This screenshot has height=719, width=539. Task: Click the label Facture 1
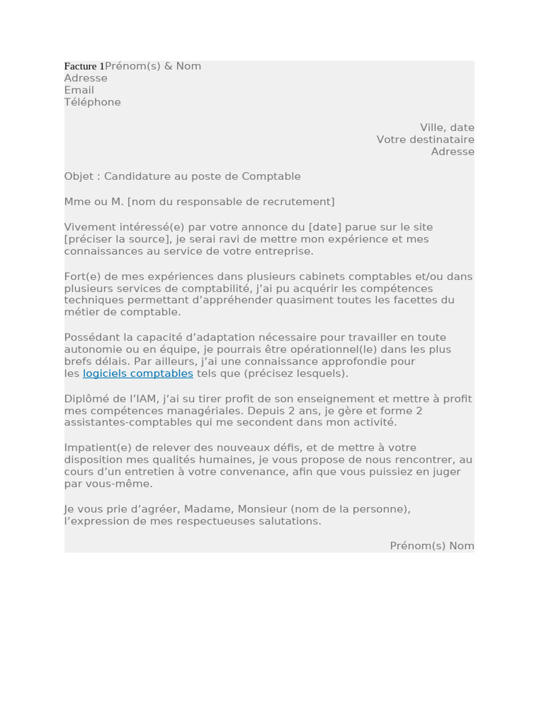coord(84,66)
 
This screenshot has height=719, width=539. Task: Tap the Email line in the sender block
coord(79,90)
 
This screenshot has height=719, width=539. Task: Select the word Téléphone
coord(92,102)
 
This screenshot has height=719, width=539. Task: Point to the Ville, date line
coord(447,127)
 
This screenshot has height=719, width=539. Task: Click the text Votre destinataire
coord(425,139)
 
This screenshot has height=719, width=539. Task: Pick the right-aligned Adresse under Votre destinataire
coord(452,151)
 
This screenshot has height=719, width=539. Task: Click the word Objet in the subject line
coord(77,176)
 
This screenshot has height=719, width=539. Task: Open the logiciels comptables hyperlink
coord(138,374)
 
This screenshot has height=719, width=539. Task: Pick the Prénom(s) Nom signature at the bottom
coord(432,546)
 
